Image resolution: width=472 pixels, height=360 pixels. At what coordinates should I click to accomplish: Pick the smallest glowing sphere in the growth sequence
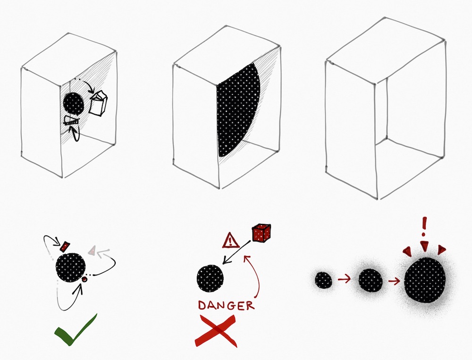(323, 280)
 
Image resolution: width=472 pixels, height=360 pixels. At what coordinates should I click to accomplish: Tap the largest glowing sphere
(425, 280)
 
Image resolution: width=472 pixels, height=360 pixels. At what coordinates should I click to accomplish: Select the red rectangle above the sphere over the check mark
(66, 246)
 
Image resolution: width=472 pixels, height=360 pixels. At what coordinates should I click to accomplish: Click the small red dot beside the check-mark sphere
(84, 280)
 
